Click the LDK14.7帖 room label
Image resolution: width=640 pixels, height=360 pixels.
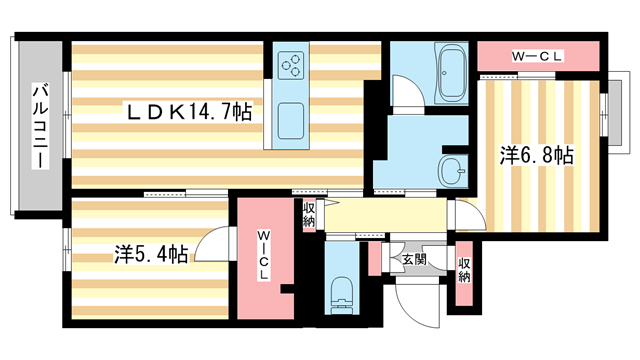189,112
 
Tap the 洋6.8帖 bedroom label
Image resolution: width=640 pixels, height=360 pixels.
537,155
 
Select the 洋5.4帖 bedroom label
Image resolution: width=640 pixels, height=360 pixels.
151,254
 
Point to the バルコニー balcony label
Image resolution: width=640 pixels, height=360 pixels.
41,126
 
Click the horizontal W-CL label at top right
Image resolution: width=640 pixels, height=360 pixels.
537,56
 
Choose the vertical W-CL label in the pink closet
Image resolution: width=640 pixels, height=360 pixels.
264,256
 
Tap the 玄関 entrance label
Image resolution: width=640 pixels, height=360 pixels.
414,259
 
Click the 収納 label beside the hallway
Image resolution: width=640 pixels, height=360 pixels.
309,215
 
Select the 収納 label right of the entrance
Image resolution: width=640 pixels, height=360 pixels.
464,270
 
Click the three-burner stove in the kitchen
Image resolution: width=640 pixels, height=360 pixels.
291,65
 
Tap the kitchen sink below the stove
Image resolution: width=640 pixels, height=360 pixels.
291,121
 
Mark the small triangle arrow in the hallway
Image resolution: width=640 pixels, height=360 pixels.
331,202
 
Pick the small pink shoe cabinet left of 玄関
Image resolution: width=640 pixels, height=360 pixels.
374,258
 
